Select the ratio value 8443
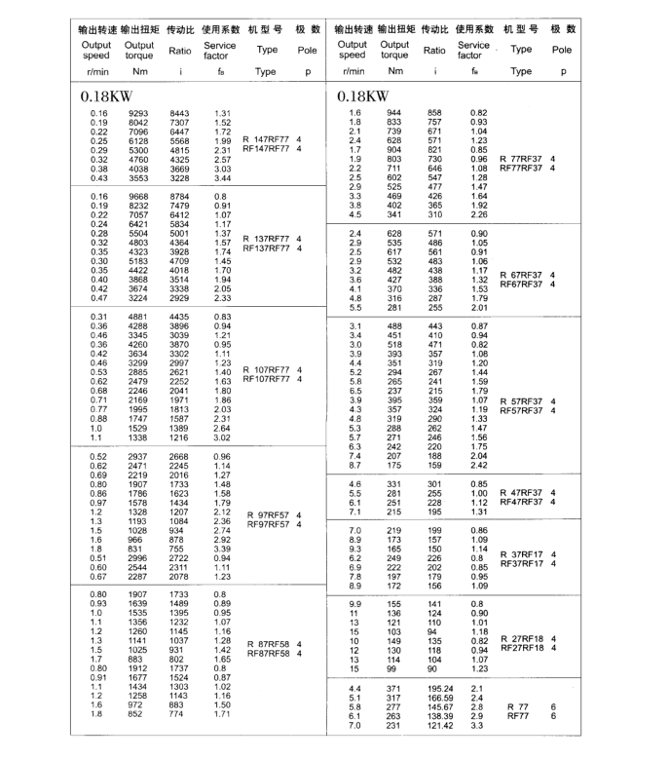coord(181,114)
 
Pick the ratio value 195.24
coord(440,689)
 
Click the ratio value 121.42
coord(440,725)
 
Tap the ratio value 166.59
coord(440,698)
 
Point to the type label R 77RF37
coord(520,158)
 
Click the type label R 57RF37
coord(520,400)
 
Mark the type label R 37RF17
coord(520,553)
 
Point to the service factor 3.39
coord(223,549)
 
